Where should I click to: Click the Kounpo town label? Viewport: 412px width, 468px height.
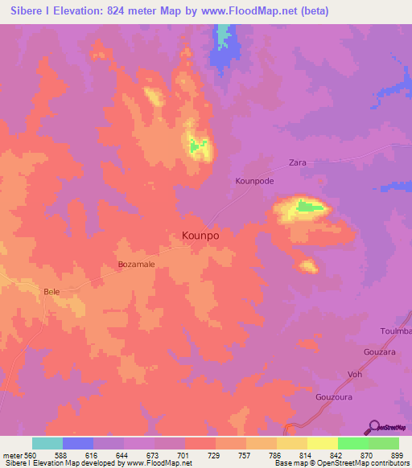pos(196,236)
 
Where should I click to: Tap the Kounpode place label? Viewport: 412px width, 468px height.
pos(254,182)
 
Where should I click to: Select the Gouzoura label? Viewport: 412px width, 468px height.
pos(334,396)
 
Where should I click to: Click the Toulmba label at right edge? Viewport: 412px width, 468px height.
pos(395,331)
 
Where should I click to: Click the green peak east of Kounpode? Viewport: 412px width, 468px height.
pos(310,207)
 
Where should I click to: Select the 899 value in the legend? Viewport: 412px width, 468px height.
pos(398,455)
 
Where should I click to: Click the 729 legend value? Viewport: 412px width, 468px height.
pos(215,455)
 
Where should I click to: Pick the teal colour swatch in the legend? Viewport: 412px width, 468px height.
pos(47,443)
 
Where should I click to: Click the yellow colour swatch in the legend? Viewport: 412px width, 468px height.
pos(323,443)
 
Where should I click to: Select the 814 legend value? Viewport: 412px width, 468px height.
pos(307,455)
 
